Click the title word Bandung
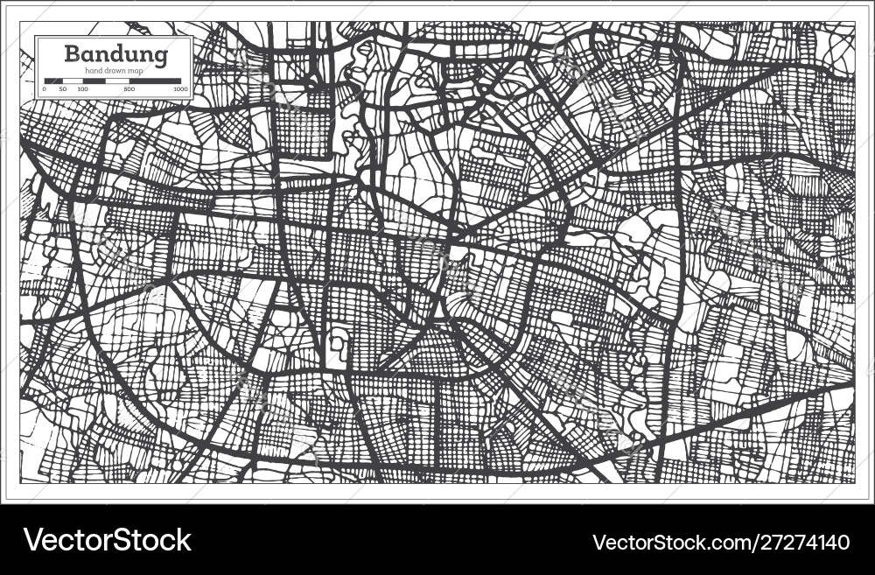(x=116, y=53)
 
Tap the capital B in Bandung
(x=73, y=53)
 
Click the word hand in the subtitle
(x=94, y=70)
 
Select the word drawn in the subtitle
(x=118, y=70)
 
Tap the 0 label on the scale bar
(x=45, y=89)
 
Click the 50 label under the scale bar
(x=63, y=89)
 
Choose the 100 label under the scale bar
(x=82, y=89)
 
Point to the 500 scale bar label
(x=129, y=89)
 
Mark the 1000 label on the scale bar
(x=180, y=89)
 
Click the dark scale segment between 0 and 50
(x=53, y=81)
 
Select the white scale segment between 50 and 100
(x=73, y=81)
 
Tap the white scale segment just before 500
(x=117, y=81)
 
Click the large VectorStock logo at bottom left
(x=108, y=540)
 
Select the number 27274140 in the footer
(x=805, y=543)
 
